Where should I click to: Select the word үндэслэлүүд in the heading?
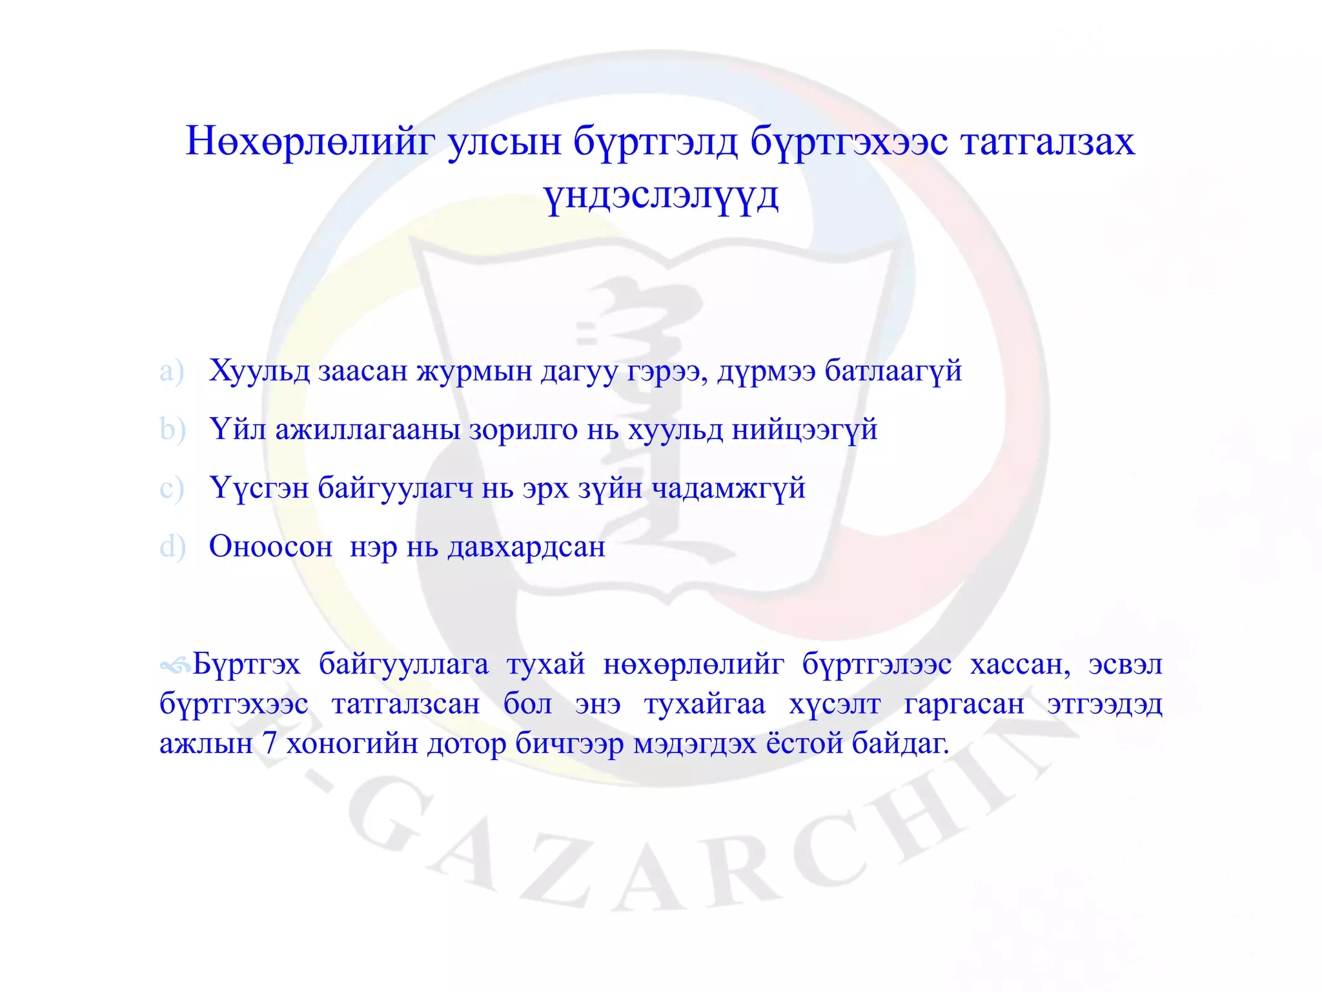pos(661,196)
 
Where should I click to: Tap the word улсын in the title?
pos(505,141)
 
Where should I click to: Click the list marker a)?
pos(172,371)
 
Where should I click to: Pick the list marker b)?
pos(172,429)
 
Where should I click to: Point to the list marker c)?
pos(172,488)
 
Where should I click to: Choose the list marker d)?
pos(172,547)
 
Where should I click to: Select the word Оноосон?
pos(270,547)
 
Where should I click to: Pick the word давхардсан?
pos(526,547)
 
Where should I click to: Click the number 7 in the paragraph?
pos(269,743)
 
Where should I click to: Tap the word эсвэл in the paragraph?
pos(1125,665)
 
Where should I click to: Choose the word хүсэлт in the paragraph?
pos(834,704)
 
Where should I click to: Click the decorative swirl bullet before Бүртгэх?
pos(175,665)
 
